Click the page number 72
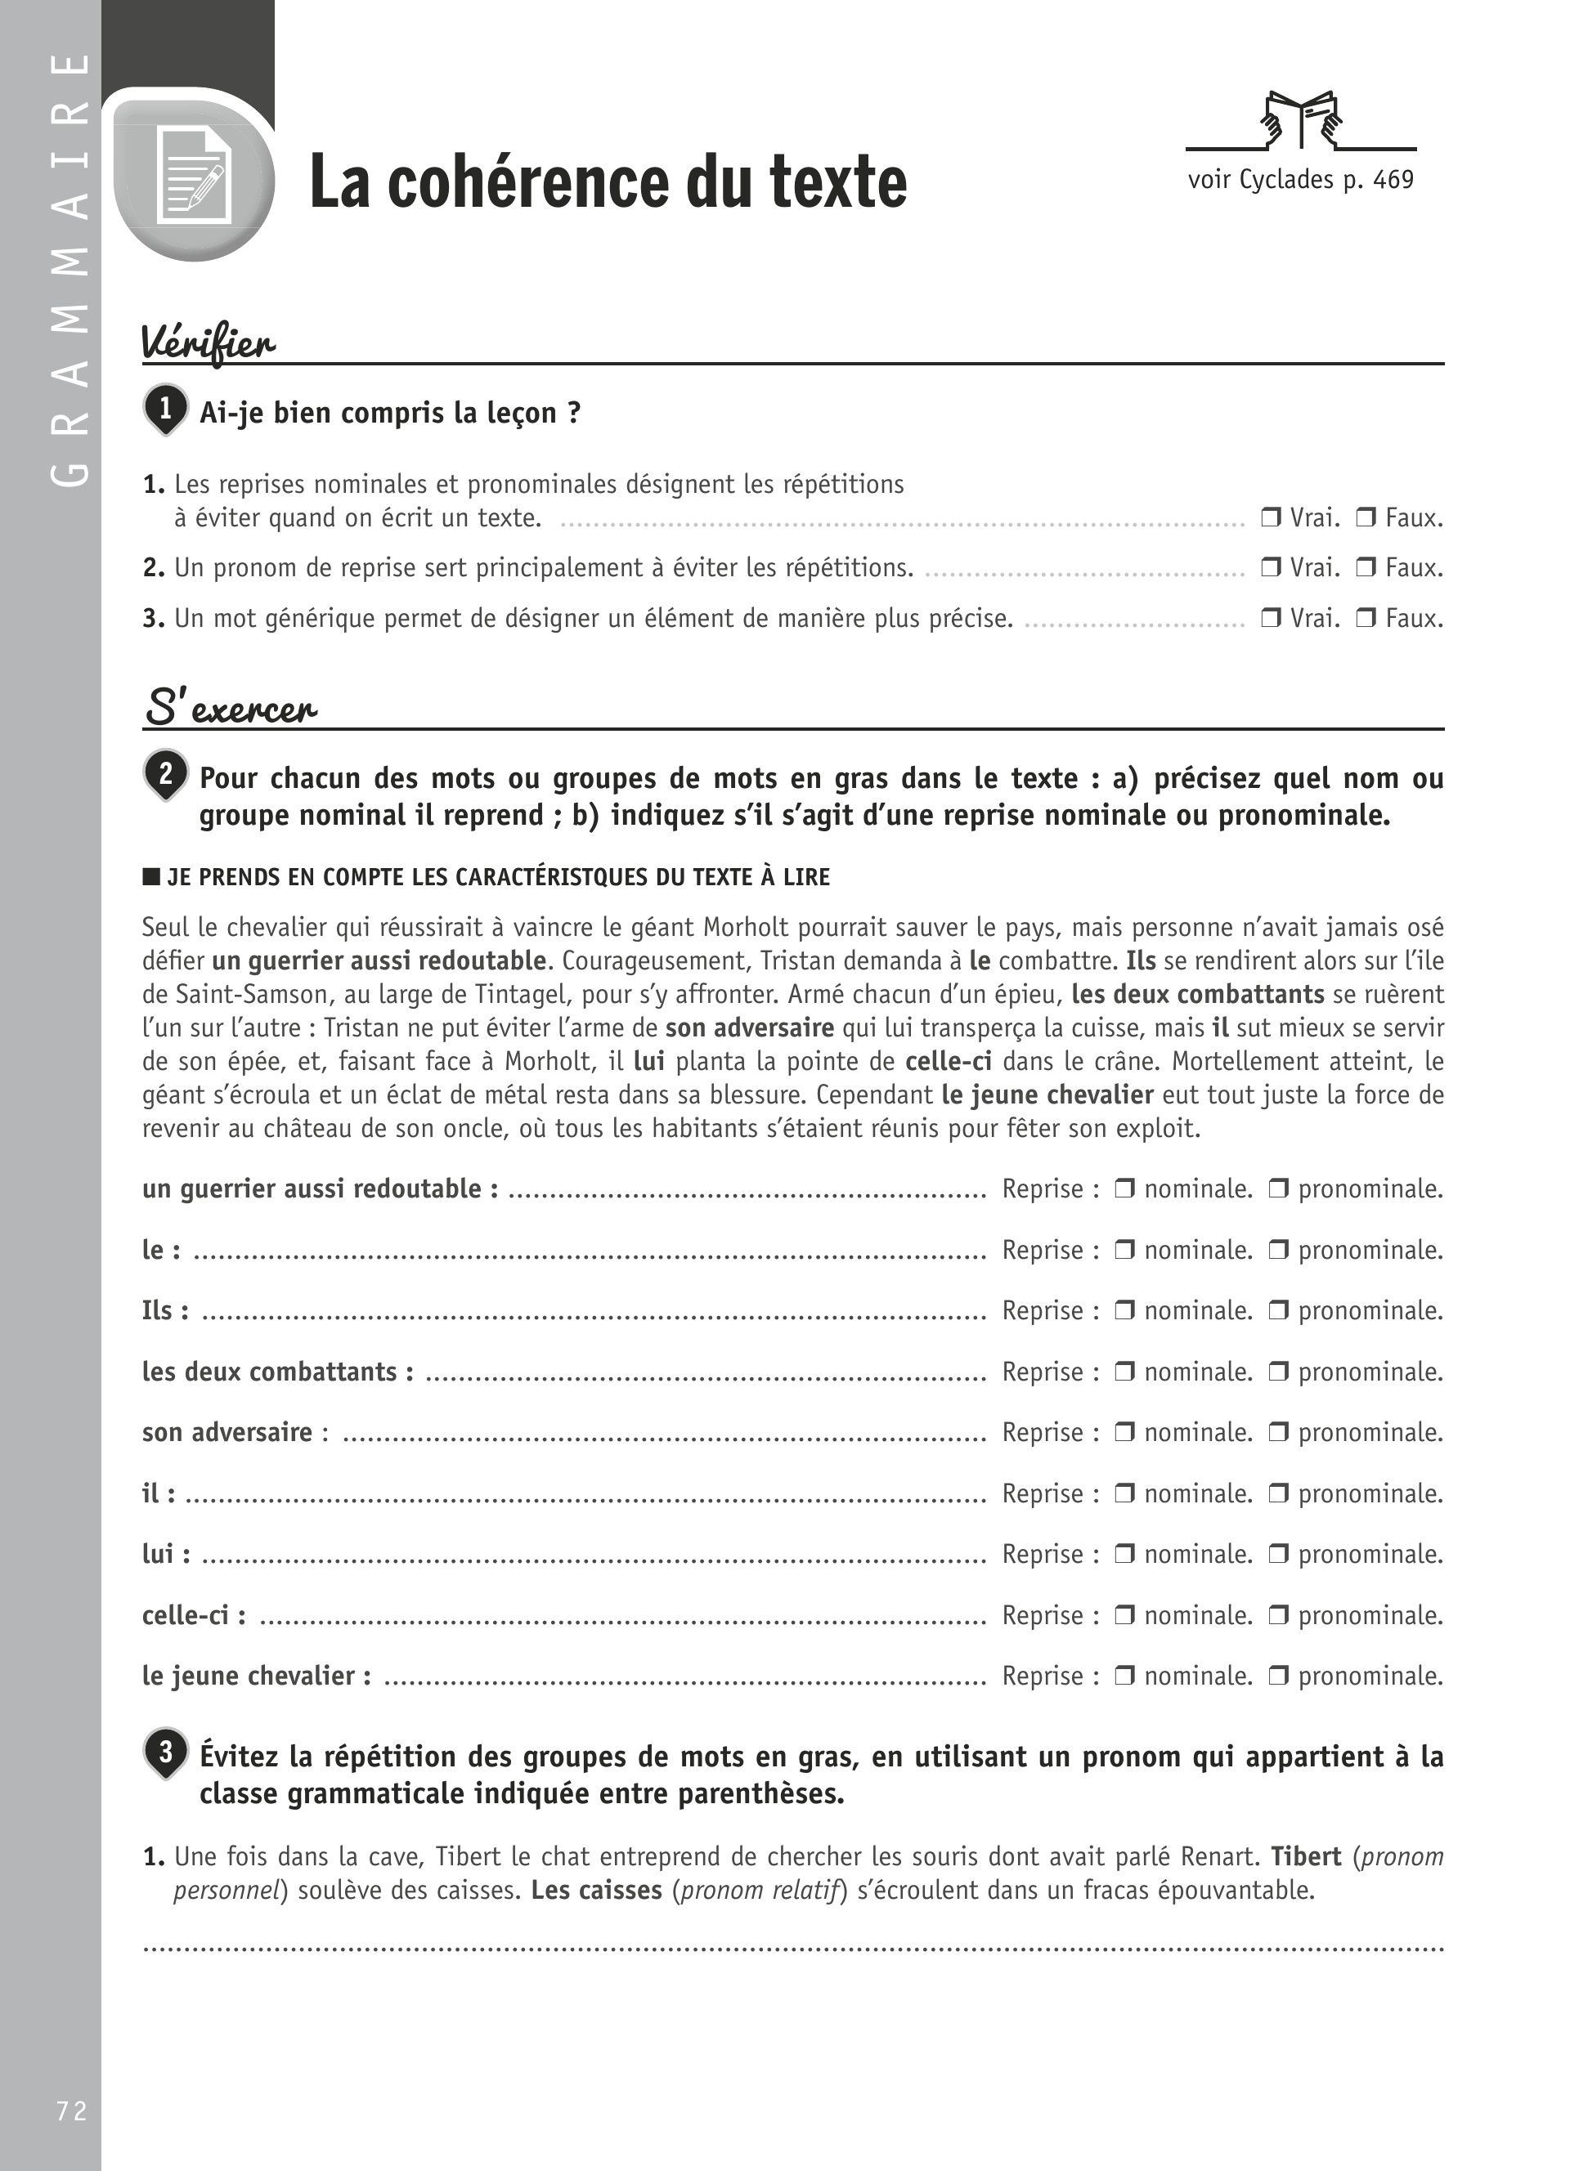coord(72,2111)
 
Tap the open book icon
coord(1301,119)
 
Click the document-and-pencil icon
coord(195,176)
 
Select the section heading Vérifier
coord(209,342)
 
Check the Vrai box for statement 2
coord(1271,567)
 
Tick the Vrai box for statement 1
coord(1271,518)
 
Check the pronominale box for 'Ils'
coord(1279,1310)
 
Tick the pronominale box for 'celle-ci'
coord(1279,1615)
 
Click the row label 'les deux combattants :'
coord(278,1372)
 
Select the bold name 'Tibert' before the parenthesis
coord(1306,1856)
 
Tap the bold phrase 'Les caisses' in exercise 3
coord(596,1891)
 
